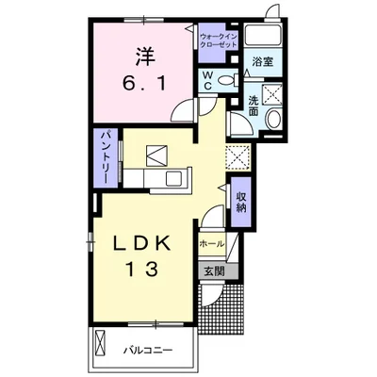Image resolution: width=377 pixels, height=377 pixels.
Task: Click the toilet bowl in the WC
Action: [227, 81]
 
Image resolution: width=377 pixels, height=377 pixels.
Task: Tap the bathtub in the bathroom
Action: [262, 35]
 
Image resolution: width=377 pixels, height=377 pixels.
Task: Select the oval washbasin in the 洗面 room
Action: [273, 120]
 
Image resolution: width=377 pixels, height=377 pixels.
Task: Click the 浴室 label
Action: [262, 62]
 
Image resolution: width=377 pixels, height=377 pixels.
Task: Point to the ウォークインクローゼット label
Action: [219, 40]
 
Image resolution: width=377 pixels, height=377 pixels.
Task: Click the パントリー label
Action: [106, 158]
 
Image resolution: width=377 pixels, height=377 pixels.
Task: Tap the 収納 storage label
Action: [241, 202]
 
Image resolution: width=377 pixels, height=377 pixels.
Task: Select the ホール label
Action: [212, 243]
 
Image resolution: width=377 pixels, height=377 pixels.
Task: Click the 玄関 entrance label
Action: [215, 271]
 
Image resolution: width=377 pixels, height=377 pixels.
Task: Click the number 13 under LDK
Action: [141, 270]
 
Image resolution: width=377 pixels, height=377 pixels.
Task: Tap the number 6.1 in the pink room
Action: [144, 83]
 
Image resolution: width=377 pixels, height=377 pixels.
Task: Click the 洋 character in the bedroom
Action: [145, 57]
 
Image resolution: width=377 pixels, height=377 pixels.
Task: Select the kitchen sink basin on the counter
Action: [175, 179]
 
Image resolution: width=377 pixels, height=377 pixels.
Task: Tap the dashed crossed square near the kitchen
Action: [238, 157]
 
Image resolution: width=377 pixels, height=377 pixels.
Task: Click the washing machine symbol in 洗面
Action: [273, 93]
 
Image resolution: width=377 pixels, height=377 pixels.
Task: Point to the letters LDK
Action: [141, 243]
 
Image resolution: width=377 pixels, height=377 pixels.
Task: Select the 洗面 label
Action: [254, 106]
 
